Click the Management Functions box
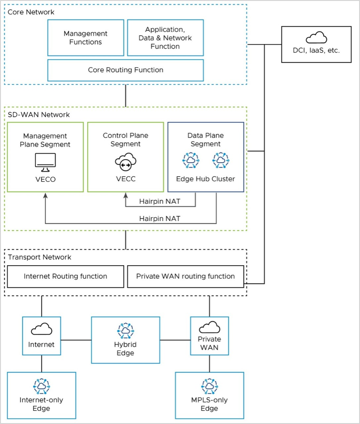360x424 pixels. pos(86,38)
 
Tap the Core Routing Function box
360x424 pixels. pos(126,70)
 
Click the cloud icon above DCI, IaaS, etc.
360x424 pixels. pos(316,38)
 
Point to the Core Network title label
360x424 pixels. pos(31,12)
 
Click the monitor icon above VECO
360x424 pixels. pos(45,162)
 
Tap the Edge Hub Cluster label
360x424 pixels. pos(206,179)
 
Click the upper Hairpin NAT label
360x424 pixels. pos(159,201)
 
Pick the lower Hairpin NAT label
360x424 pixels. pos(159,219)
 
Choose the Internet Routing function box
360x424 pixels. pos(65,276)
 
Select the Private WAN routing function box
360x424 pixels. pos(185,276)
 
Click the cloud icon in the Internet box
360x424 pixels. pos(42,329)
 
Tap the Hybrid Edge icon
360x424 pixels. pos(126,330)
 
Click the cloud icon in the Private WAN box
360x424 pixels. pos(209,327)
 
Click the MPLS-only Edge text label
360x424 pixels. pos(209,404)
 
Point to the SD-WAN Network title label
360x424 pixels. pos(39,115)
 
